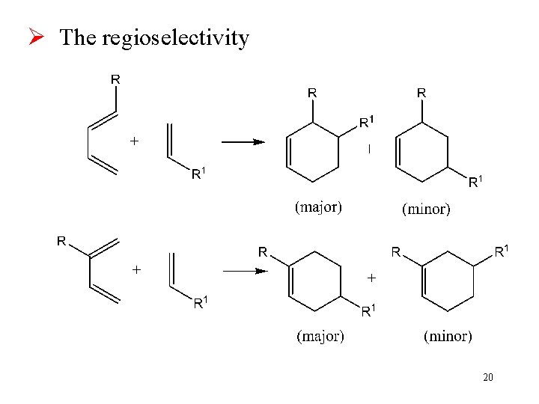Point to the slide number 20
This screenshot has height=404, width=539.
coord(487,377)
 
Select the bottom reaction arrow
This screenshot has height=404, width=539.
coord(245,272)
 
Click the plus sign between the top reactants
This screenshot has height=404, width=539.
coord(135,140)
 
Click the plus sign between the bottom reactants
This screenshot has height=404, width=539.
coord(136,269)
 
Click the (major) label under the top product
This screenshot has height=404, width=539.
coord(318,207)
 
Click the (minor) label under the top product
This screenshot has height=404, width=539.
coord(427,209)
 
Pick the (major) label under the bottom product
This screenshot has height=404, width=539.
coord(320,336)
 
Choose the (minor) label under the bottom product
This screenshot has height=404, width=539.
coord(448,336)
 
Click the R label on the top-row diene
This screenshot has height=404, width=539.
coord(117,78)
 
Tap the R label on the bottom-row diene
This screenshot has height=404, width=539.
coord(61,241)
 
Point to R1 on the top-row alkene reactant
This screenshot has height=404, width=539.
coord(199,174)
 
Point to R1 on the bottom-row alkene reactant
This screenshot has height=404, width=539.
coord(201,303)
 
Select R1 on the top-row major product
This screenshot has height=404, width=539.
coord(366,121)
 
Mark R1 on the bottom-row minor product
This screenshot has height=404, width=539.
coord(502,251)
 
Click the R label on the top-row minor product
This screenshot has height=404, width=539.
coord(421,93)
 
